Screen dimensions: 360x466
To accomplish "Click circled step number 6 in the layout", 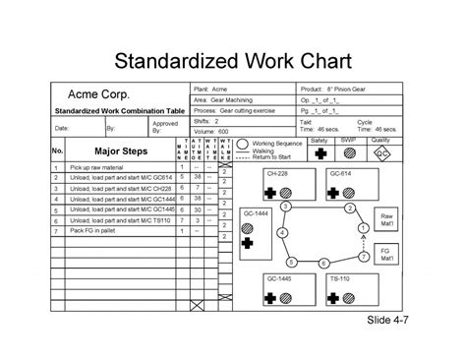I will point(325,263).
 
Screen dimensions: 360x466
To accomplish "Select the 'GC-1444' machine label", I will point(257,213).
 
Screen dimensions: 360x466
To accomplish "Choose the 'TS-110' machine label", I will point(340,278).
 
